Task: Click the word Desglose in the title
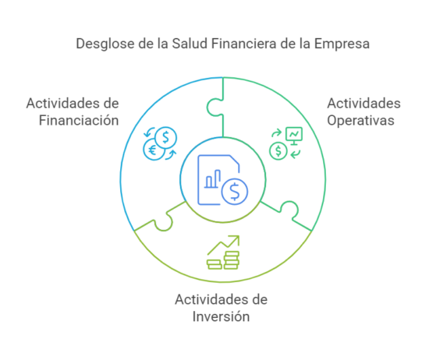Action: tap(105, 44)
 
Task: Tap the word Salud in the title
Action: tap(190, 44)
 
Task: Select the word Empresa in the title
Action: tap(342, 44)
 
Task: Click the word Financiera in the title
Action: tap(244, 44)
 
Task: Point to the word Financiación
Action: tap(79, 120)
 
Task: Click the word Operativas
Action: tap(360, 121)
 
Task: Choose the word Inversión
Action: tap(221, 316)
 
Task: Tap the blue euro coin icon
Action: tap(153, 150)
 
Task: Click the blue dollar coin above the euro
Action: tap(166, 137)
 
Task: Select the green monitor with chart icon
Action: tap(294, 136)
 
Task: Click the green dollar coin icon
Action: tap(278, 151)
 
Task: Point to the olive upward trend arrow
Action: tap(224, 245)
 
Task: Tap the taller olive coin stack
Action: tap(232, 260)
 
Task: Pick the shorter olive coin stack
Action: tap(214, 265)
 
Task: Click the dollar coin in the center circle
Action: tap(235, 192)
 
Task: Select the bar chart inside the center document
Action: tap(213, 179)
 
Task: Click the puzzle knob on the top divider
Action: tap(214, 108)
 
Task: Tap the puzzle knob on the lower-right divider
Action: tap(289, 210)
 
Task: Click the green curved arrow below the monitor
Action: tap(295, 154)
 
